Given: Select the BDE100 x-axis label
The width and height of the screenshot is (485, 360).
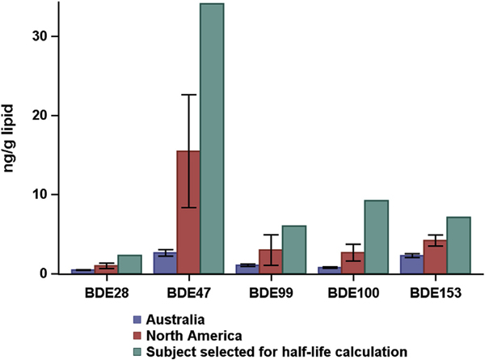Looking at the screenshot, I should tap(352, 289).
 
